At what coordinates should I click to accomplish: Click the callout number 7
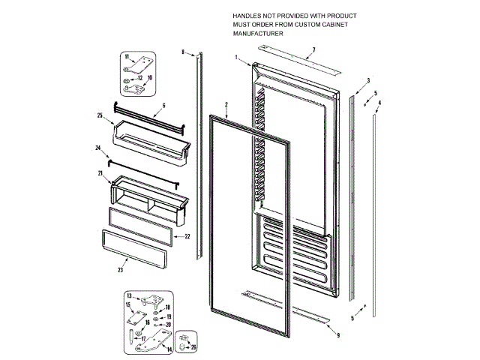313,51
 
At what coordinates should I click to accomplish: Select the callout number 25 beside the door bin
99,115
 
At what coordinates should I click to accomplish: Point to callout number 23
121,270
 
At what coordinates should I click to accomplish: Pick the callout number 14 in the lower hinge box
169,349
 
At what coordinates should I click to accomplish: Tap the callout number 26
195,347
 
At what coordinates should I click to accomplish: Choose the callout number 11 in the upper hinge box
127,58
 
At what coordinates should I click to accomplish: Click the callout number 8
182,51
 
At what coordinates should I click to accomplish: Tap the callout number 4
379,102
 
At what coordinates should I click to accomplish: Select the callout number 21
99,173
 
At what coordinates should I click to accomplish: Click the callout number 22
187,236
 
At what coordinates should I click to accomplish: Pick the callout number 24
97,148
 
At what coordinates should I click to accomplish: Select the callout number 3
368,79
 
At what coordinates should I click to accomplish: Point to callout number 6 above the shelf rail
163,105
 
